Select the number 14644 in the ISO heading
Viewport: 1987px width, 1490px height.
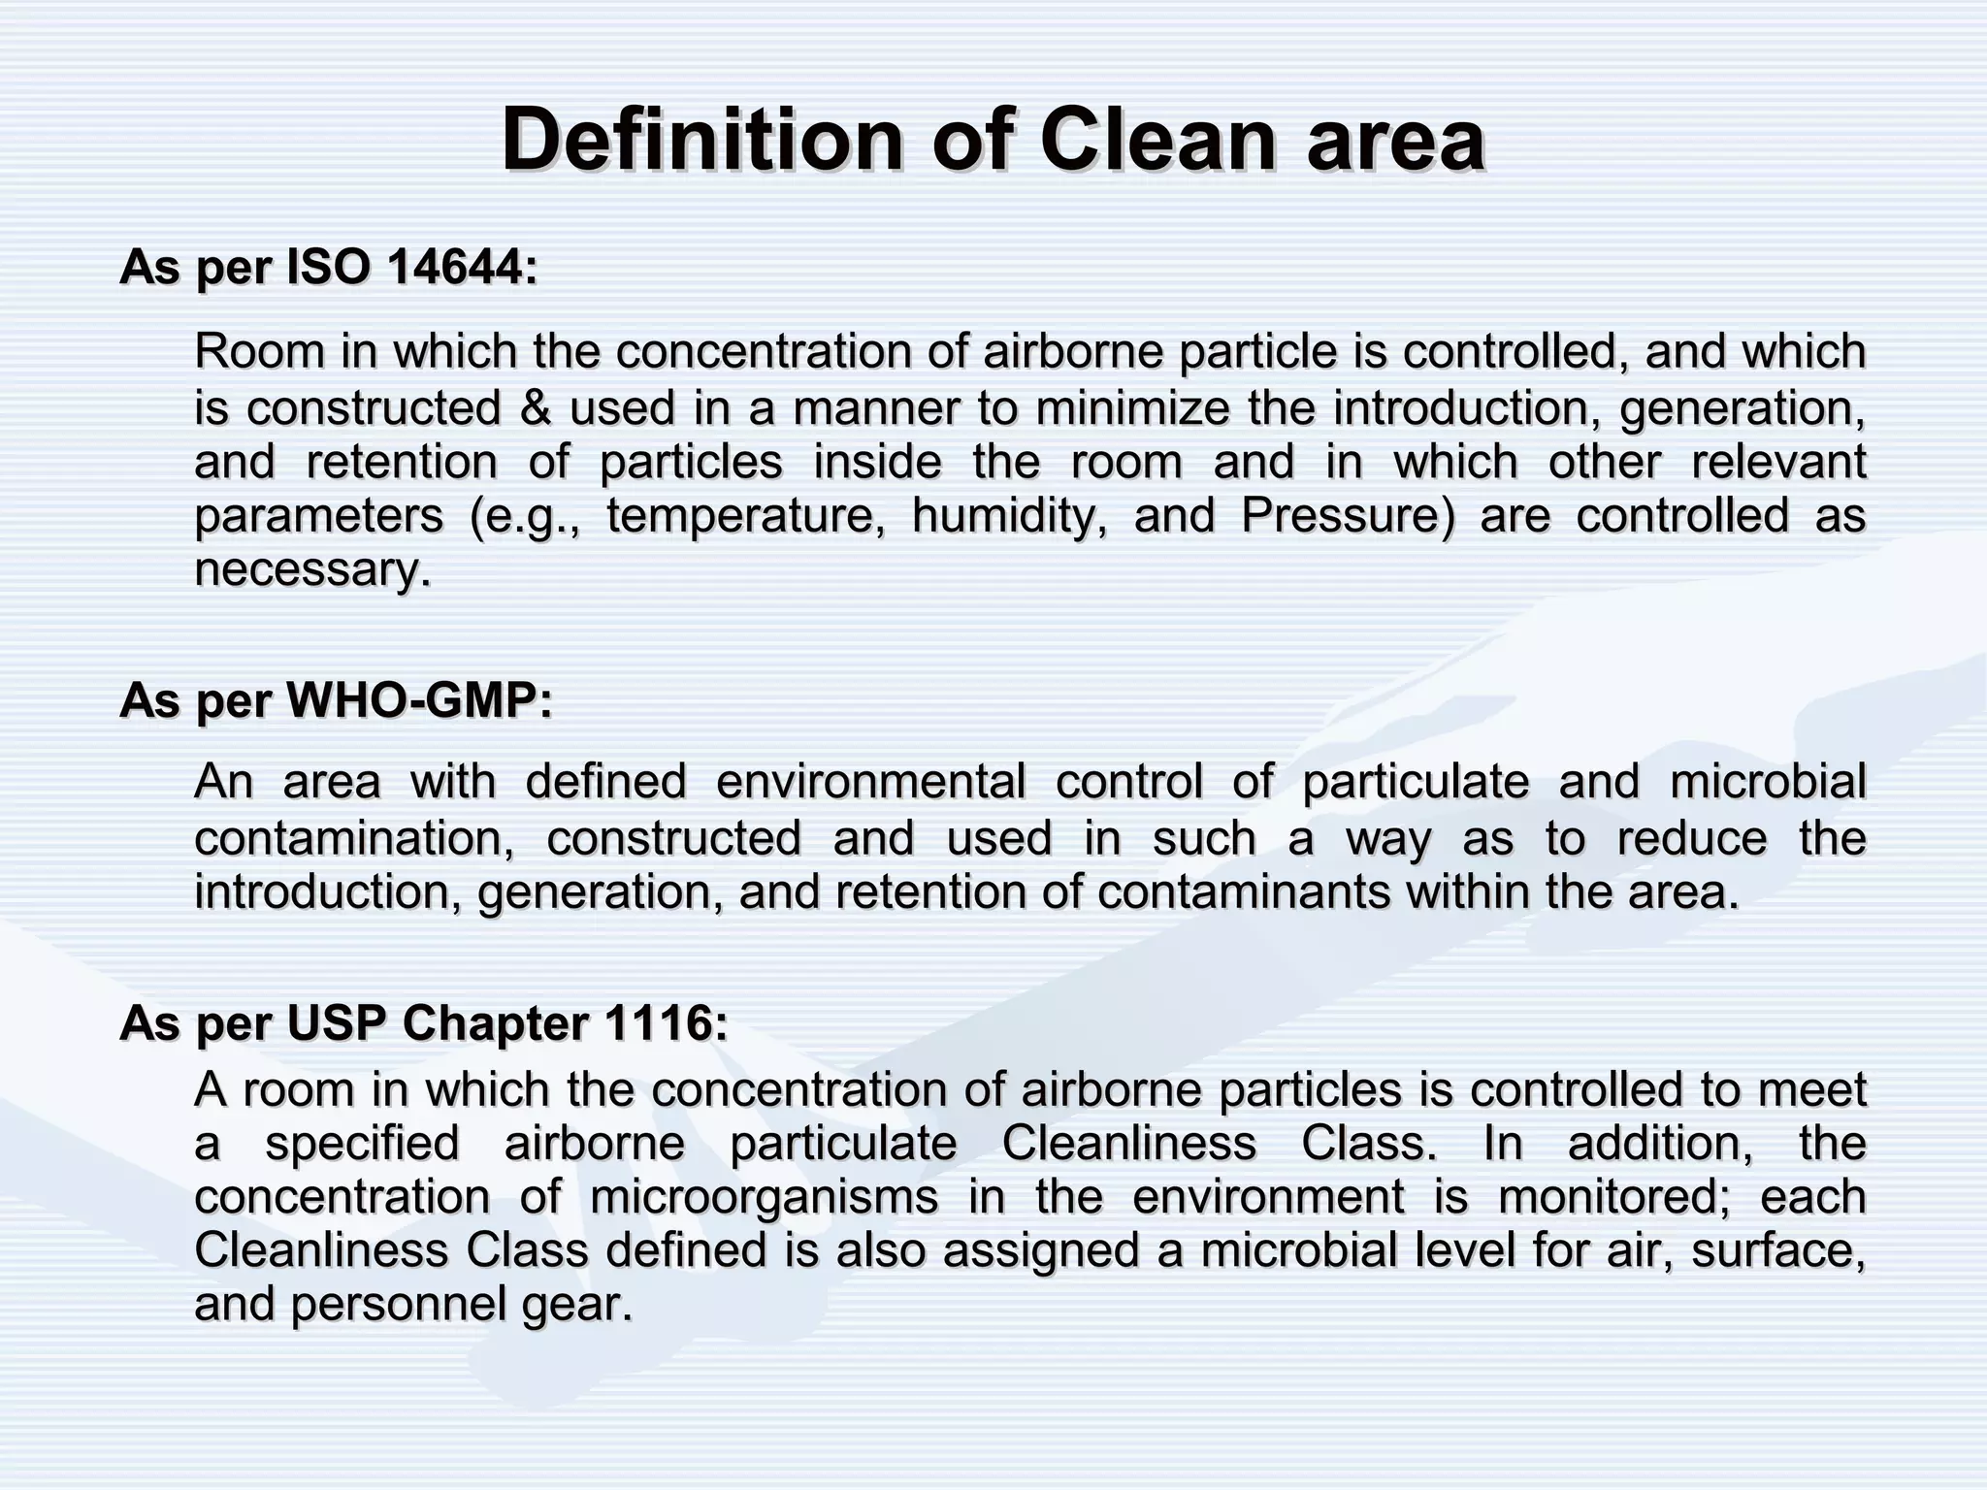pyautogui.click(x=461, y=267)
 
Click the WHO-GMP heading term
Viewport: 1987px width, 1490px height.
pyautogui.click(x=419, y=700)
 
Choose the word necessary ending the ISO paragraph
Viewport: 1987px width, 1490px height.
pyautogui.click(x=311, y=569)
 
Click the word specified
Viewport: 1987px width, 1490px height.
pyautogui.click(x=362, y=1143)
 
